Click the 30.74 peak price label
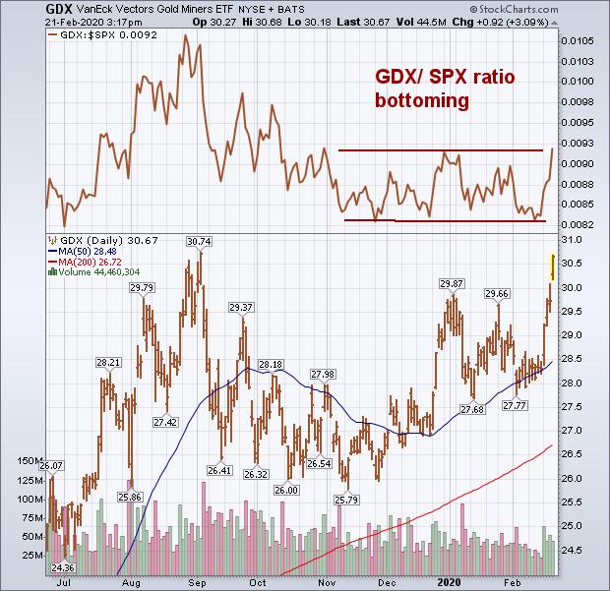(x=200, y=242)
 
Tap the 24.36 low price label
(x=62, y=567)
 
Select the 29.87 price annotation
(x=451, y=283)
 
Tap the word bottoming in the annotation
(x=420, y=101)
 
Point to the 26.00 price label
(x=287, y=490)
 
